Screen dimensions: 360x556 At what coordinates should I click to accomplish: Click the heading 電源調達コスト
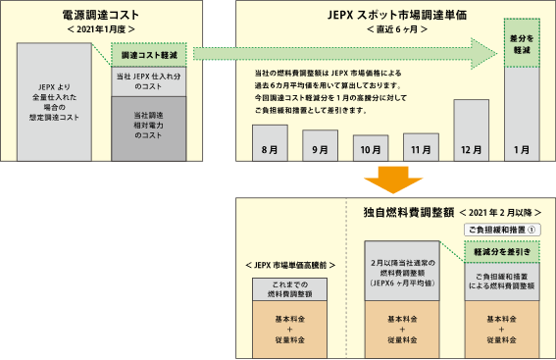pyautogui.click(x=100, y=17)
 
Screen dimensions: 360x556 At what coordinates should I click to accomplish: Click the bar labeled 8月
pyautogui.click(x=270, y=143)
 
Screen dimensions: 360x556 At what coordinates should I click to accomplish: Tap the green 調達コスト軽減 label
pyautogui.click(x=147, y=58)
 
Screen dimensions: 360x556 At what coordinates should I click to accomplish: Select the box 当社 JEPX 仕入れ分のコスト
pyautogui.click(x=146, y=80)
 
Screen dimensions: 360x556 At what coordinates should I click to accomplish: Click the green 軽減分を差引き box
pyautogui.click(x=502, y=251)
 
